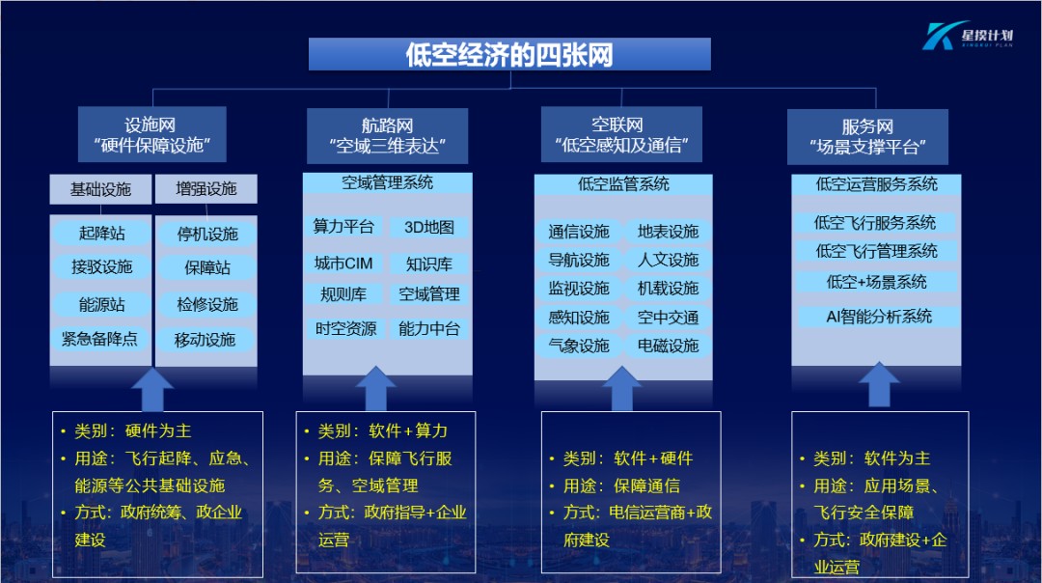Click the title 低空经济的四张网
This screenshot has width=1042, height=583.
pyautogui.click(x=508, y=54)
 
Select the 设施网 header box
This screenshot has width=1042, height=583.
pyautogui.click(x=151, y=135)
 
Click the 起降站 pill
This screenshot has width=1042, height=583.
pyautogui.click(x=101, y=234)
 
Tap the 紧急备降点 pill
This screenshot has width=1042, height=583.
pyautogui.click(x=100, y=339)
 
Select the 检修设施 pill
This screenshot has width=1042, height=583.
pyautogui.click(x=206, y=304)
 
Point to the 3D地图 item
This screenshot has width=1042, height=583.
pyautogui.click(x=429, y=228)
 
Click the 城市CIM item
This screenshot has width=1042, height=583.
pyautogui.click(x=343, y=264)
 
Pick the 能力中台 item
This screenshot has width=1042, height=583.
pyautogui.click(x=429, y=328)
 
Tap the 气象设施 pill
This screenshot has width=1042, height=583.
pyautogui.click(x=579, y=346)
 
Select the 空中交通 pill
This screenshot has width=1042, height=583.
pyautogui.click(x=669, y=317)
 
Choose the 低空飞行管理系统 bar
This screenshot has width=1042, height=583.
pyautogui.click(x=876, y=251)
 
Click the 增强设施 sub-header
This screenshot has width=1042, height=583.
pyautogui.click(x=206, y=189)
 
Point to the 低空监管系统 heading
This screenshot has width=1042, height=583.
pyautogui.click(x=623, y=183)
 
